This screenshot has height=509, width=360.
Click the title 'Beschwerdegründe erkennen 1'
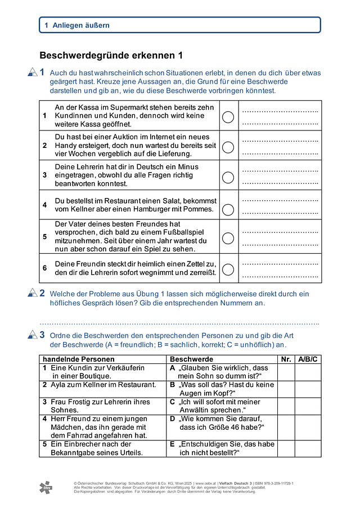(111, 55)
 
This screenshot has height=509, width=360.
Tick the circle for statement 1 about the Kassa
(228, 117)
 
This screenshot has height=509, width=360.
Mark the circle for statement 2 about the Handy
(228, 146)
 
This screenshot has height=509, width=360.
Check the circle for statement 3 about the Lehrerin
(228, 177)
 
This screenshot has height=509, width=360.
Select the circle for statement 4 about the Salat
(228, 209)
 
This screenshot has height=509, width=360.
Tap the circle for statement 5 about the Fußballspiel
(228, 238)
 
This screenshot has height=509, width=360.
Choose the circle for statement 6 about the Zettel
(228, 269)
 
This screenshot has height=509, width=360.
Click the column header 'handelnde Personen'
(79, 359)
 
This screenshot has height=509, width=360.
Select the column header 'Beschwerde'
(191, 359)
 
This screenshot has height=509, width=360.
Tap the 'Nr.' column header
(286, 359)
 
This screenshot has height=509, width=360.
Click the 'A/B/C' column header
(308, 359)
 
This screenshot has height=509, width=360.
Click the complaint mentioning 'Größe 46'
(221, 423)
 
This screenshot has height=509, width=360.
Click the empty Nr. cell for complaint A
(286, 372)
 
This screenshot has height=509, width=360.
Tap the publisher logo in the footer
(44, 487)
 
